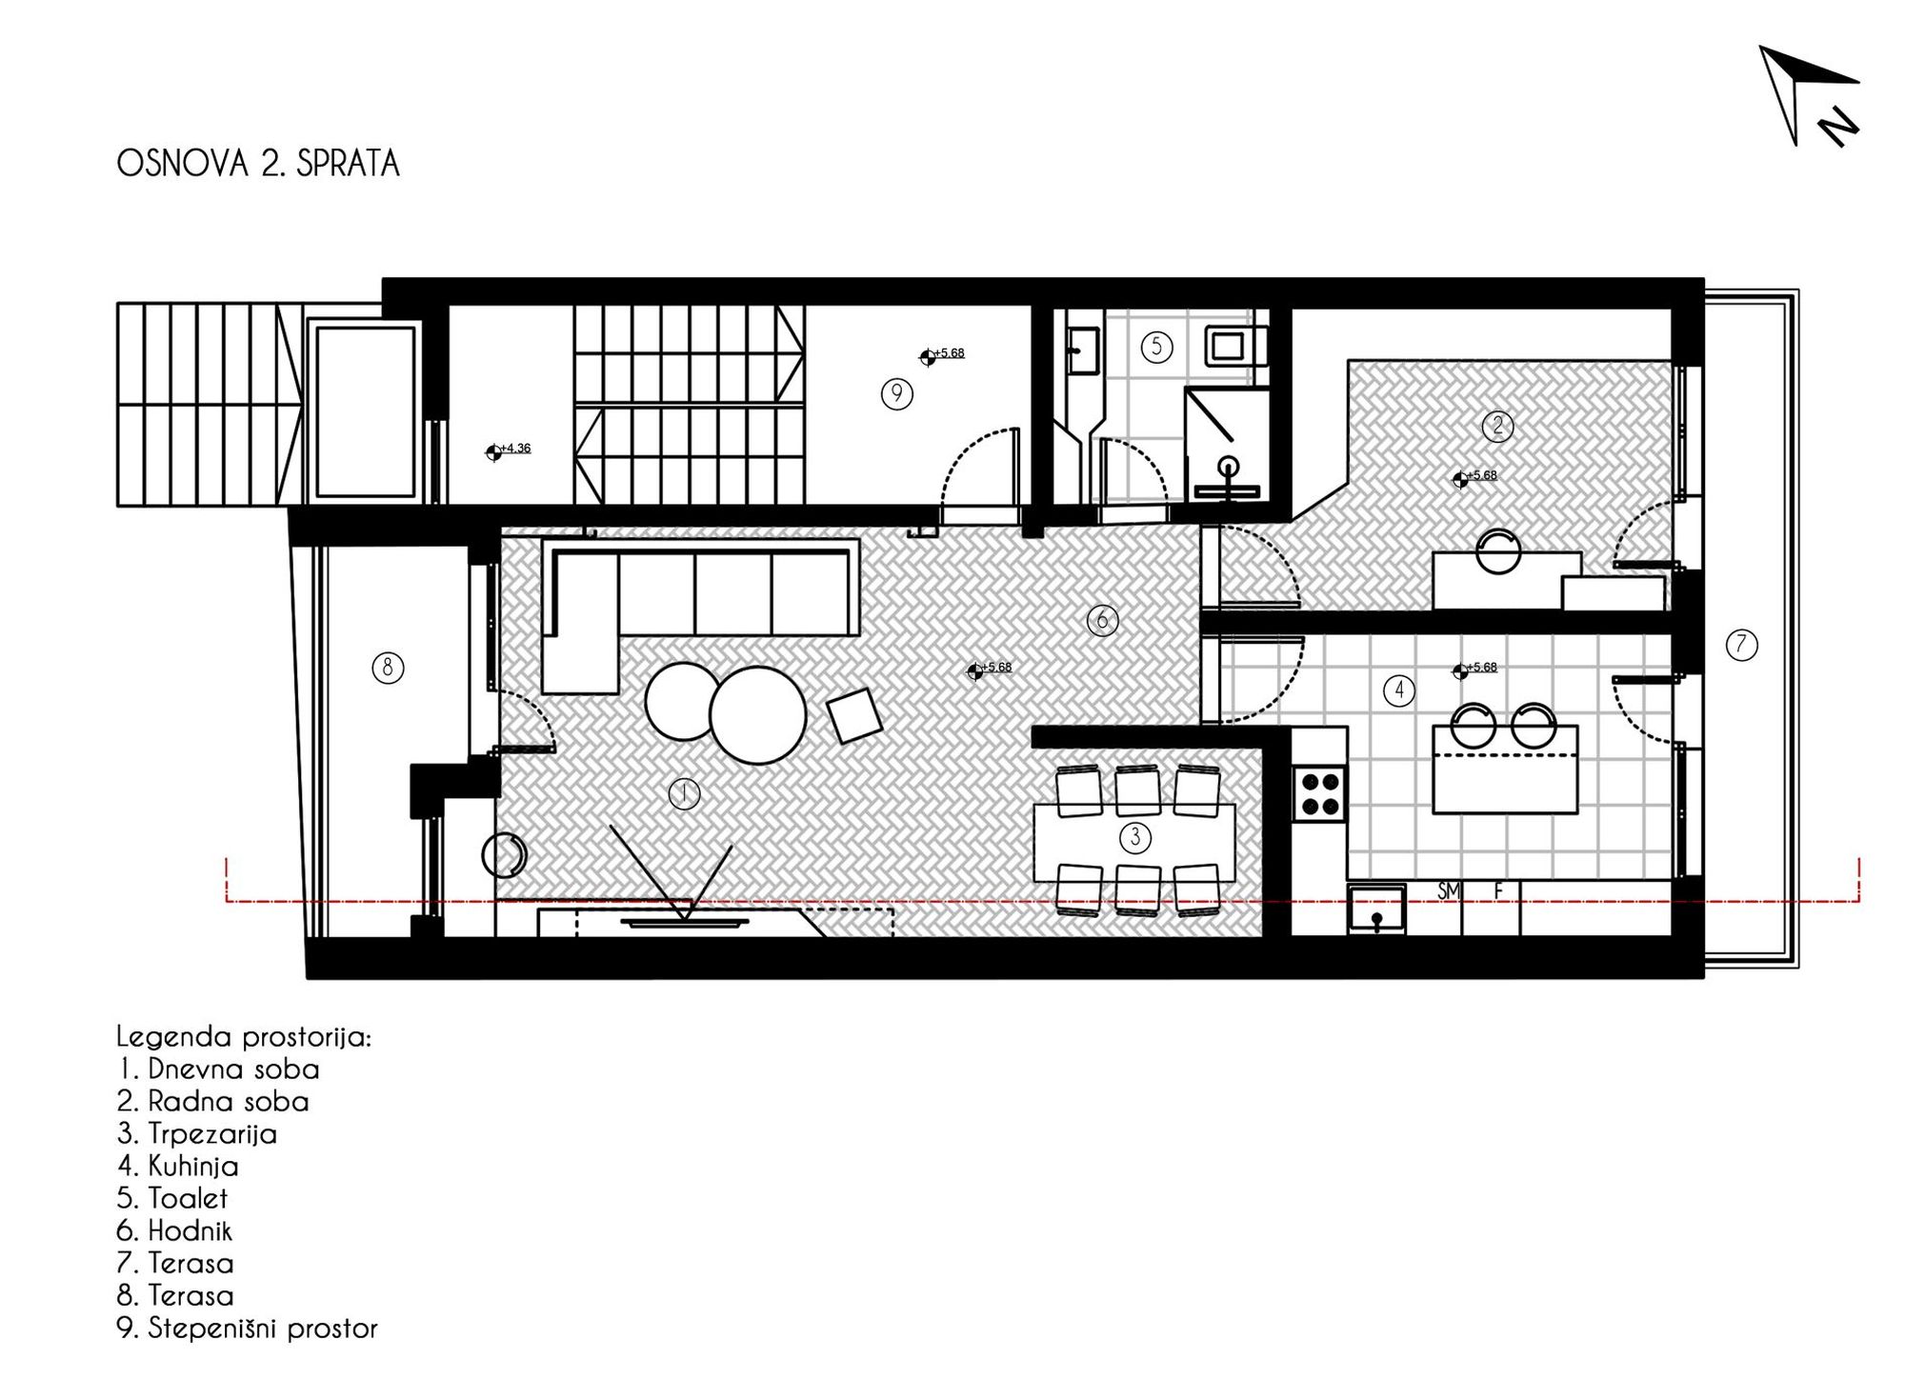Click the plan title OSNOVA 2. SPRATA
258,164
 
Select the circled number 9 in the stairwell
896,393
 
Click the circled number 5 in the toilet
1156,347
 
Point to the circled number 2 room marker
1498,426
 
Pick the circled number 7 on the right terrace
1741,645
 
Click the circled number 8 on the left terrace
388,668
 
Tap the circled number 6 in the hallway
1102,621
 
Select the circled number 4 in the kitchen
1398,690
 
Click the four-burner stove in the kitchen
1320,793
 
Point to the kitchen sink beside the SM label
1376,909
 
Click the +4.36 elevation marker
509,450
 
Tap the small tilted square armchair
854,715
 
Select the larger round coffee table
758,715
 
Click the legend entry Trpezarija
197,1134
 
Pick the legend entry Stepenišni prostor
247,1329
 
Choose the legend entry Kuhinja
178,1167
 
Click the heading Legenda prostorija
244,1037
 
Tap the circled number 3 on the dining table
1134,838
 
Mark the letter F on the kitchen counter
1498,890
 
